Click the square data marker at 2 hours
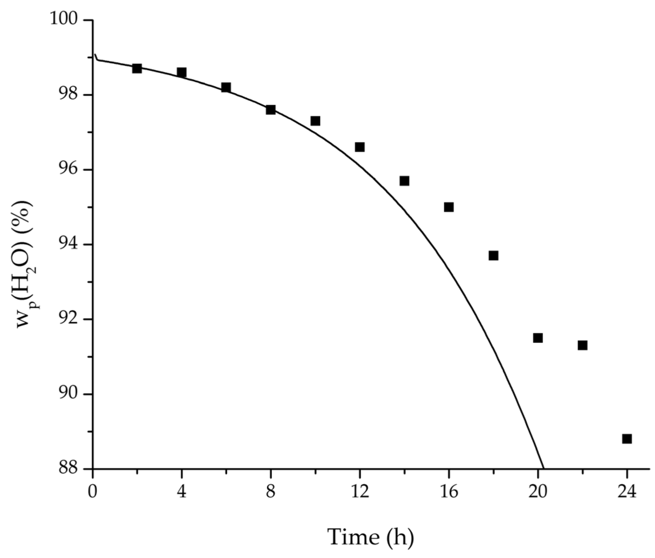click(x=137, y=68)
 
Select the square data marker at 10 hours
click(x=315, y=121)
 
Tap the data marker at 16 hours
click(x=449, y=207)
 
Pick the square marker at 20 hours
click(x=538, y=338)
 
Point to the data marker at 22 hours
click(x=582, y=345)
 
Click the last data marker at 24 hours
click(x=627, y=439)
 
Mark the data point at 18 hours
click(x=493, y=256)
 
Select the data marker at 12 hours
click(x=360, y=147)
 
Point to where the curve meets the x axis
click(x=544, y=468)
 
